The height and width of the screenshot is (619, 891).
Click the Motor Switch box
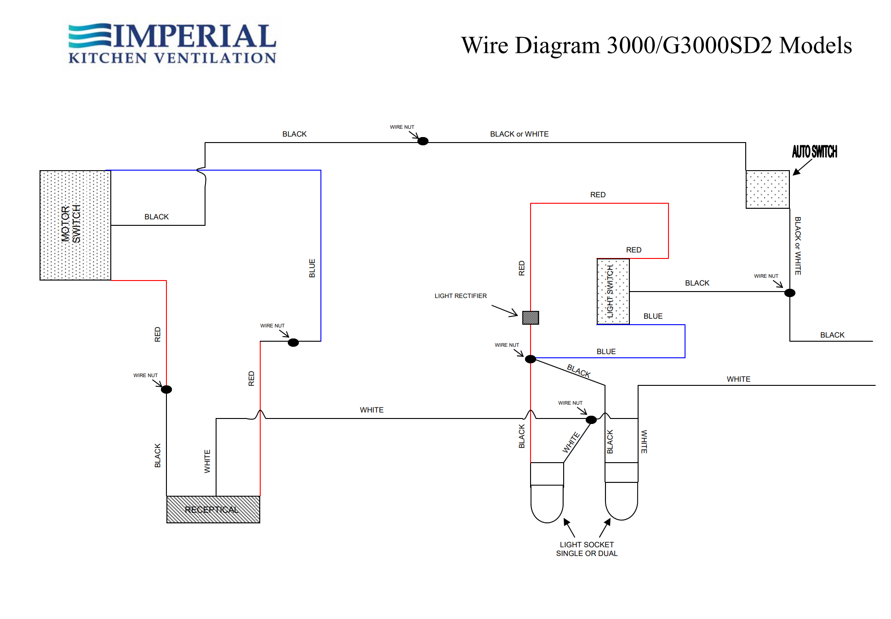pyautogui.click(x=75, y=225)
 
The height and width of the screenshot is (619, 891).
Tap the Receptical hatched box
pyautogui.click(x=213, y=509)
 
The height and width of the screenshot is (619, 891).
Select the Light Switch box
pyautogui.click(x=613, y=291)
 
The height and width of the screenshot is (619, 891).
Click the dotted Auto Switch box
pyautogui.click(x=767, y=189)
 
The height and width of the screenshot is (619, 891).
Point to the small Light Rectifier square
pyautogui.click(x=531, y=317)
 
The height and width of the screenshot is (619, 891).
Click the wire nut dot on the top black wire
pyautogui.click(x=423, y=141)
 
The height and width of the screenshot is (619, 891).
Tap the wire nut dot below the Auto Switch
pyautogui.click(x=790, y=293)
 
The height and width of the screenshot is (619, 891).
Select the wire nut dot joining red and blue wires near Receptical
pyautogui.click(x=293, y=343)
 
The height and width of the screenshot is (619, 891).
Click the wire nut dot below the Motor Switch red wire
pyautogui.click(x=166, y=390)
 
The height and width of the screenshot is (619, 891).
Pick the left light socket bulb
pyautogui.click(x=547, y=504)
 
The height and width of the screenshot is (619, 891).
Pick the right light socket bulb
pyautogui.click(x=622, y=501)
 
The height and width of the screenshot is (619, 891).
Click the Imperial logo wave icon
pyautogui.click(x=90, y=36)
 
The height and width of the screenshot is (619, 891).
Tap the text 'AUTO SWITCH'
pyautogui.click(x=814, y=152)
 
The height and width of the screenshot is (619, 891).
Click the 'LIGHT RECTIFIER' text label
pyautogui.click(x=461, y=296)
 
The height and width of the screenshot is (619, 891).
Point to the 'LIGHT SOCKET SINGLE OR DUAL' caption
pyautogui.click(x=587, y=549)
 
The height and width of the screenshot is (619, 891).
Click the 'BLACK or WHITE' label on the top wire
pyautogui.click(x=519, y=134)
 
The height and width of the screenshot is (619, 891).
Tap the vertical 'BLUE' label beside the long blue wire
pyautogui.click(x=312, y=268)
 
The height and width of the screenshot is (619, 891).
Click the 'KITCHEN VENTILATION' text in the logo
pyautogui.click(x=172, y=58)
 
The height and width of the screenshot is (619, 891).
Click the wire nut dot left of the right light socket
pyautogui.click(x=591, y=419)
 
